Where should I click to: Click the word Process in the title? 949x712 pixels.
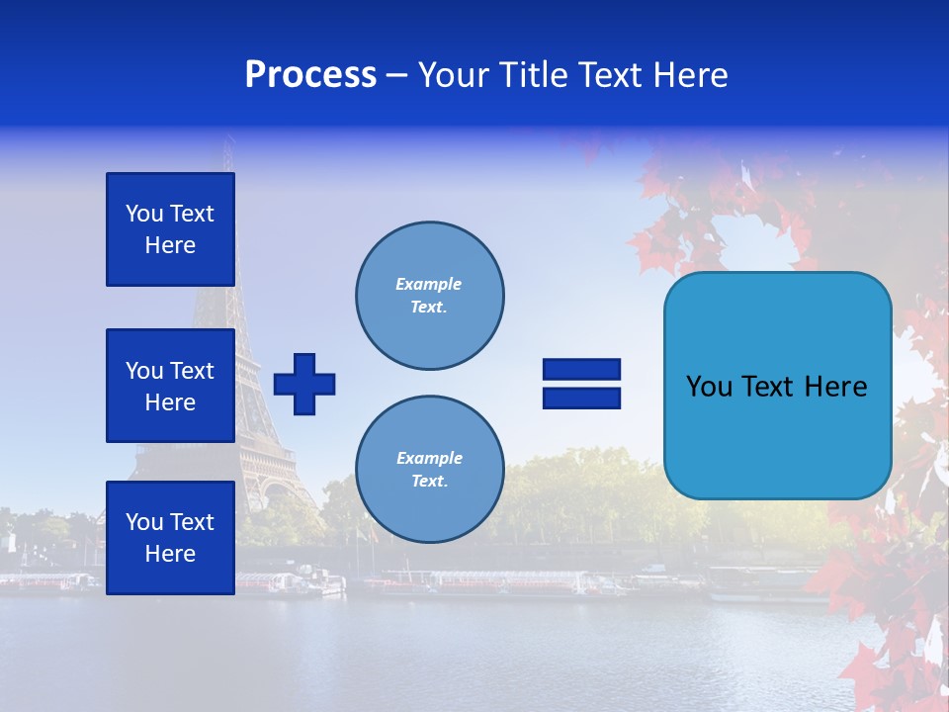(310, 75)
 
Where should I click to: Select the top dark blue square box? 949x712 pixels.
(170, 229)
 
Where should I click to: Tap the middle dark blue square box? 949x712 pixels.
(170, 386)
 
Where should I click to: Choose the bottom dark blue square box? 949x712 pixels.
(170, 537)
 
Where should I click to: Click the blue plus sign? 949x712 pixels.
(304, 384)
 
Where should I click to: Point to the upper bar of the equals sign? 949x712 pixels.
(581, 369)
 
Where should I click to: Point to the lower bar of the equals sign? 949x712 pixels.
(581, 399)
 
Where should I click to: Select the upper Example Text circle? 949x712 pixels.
(429, 295)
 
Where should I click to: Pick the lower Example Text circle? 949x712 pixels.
(429, 469)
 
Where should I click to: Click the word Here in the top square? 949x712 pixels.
(170, 245)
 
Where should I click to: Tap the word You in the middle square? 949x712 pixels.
(143, 371)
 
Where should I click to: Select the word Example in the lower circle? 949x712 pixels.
(429, 458)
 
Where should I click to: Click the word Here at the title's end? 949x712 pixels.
(689, 75)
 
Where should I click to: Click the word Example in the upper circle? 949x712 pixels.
(429, 284)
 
